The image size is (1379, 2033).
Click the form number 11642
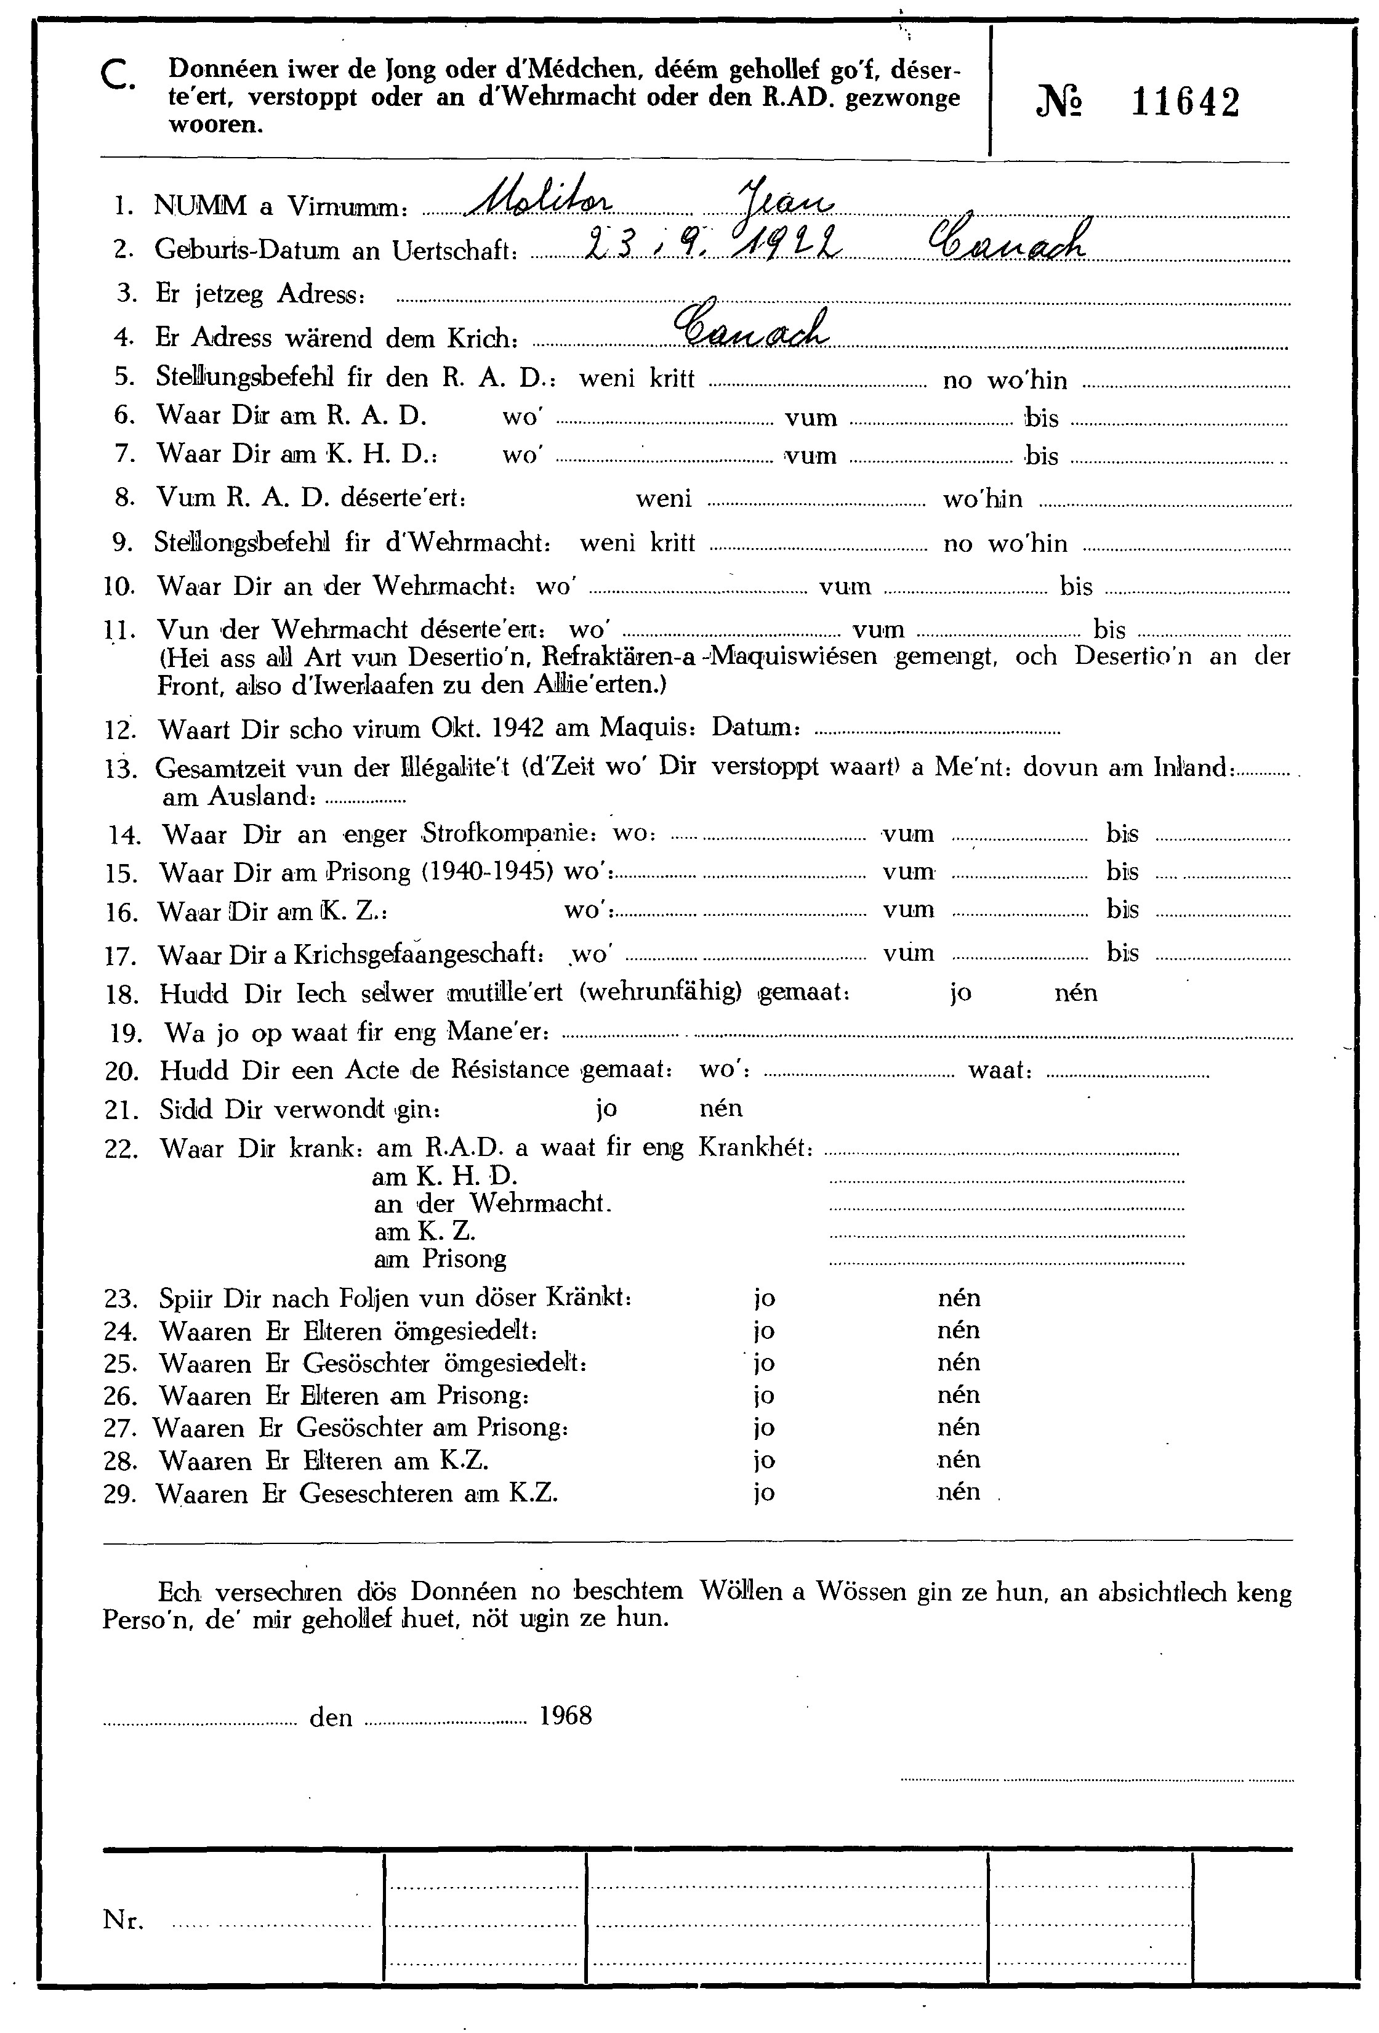tap(1185, 103)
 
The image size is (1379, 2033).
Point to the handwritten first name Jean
tap(786, 200)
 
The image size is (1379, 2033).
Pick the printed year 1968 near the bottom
tap(566, 1715)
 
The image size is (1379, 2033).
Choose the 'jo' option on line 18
tap(960, 993)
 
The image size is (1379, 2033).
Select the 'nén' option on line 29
tap(959, 1492)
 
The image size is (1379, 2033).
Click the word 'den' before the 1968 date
tap(331, 1717)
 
